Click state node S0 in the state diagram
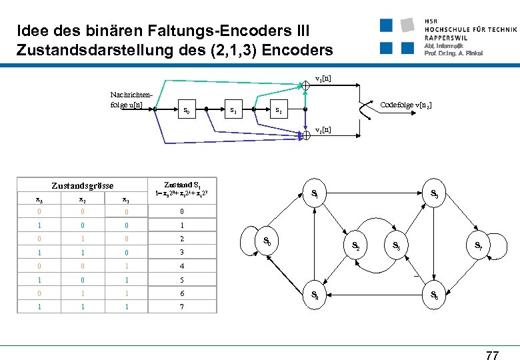click(x=267, y=241)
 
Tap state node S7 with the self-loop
click(x=479, y=246)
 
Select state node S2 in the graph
click(x=356, y=246)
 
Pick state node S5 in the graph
click(x=396, y=246)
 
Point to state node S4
click(x=315, y=294)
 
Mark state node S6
click(x=434, y=294)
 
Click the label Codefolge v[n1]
click(x=405, y=105)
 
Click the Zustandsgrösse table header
click(x=83, y=186)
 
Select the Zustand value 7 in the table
click(x=182, y=307)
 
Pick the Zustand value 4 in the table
click(x=182, y=267)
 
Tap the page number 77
click(x=492, y=355)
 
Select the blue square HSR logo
click(x=397, y=37)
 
